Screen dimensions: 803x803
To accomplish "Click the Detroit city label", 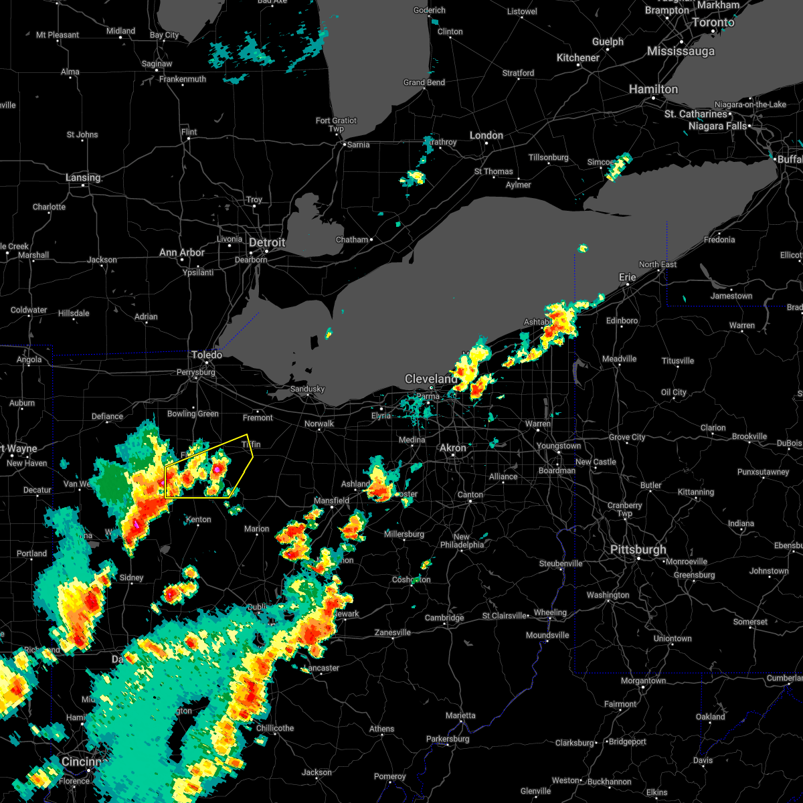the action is click(267, 242).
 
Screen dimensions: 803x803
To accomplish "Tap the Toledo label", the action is click(207, 354).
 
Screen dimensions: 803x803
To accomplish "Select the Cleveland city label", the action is click(431, 379).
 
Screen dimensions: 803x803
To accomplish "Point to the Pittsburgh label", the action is click(638, 549).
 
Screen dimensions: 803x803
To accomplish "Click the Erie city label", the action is click(627, 276).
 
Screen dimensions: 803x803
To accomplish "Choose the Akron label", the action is click(453, 448).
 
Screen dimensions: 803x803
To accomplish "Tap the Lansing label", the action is click(83, 177).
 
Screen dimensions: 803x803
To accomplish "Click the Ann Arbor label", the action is click(182, 252).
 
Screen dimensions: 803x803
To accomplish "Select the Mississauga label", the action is click(681, 51).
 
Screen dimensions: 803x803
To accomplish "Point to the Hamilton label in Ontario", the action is click(653, 89).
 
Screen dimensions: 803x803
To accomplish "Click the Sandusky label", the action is click(307, 389).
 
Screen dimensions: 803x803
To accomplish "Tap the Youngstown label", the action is click(559, 446).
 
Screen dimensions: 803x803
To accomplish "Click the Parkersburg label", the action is click(448, 739).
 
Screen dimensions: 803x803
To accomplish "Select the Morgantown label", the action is click(644, 681).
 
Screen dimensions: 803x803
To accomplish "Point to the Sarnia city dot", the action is click(344, 145).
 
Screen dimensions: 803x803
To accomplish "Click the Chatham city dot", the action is click(371, 240).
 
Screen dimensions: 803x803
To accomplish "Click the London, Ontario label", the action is click(486, 135).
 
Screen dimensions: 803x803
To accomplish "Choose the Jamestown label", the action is click(731, 296).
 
